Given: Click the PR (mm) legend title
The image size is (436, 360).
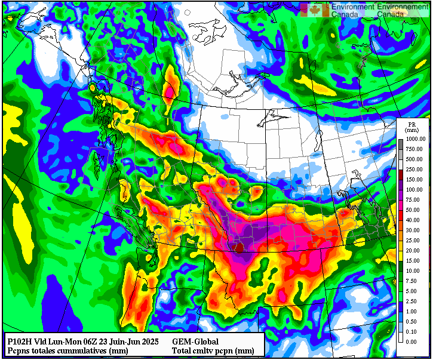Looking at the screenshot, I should coord(412,126).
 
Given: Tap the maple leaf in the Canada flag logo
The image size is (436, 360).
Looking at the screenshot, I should coord(315,10).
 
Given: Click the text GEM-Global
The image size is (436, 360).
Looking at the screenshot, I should coord(195,341).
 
